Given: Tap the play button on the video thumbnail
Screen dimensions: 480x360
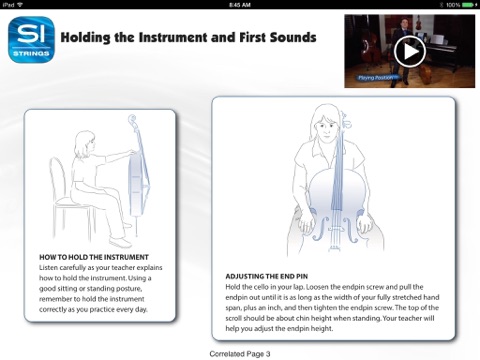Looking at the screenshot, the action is coord(410,52).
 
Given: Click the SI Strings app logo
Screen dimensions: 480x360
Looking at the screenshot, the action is coord(31,40).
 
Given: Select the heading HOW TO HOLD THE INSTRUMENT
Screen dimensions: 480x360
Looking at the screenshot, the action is coord(94,257).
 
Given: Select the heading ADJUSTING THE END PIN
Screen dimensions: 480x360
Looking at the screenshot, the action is coord(267,276).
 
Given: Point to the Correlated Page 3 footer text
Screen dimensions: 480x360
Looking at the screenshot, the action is coord(240,354).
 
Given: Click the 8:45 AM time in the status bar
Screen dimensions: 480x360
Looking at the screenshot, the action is coord(240,5).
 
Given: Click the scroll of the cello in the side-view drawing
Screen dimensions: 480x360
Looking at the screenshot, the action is coord(132,119).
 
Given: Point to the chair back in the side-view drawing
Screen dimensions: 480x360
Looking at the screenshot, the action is coord(57,180).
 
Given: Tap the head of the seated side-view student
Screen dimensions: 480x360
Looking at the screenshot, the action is coord(84,144).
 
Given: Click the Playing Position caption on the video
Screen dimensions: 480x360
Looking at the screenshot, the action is coord(376,78).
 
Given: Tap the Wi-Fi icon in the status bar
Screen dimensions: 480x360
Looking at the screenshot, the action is coord(20,5).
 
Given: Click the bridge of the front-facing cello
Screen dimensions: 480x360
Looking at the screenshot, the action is coord(335,230).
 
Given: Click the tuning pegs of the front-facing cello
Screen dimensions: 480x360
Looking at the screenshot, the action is coord(345,122).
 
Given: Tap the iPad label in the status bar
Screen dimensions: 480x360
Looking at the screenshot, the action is coord(8,5).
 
